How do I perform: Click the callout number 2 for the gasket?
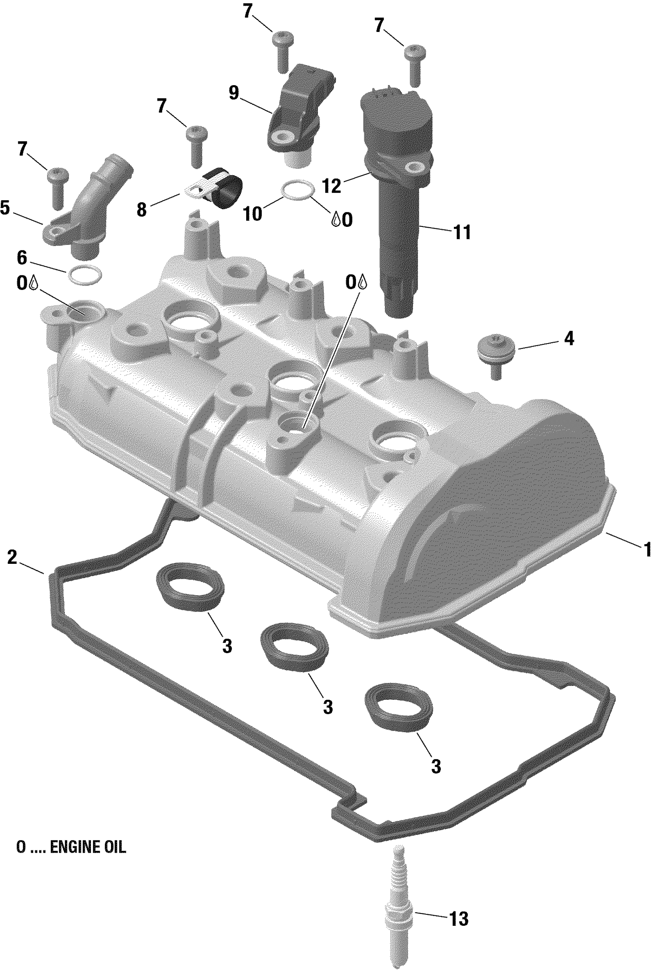pos(12,557)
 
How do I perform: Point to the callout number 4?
pos(569,339)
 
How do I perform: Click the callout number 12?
pos(332,186)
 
